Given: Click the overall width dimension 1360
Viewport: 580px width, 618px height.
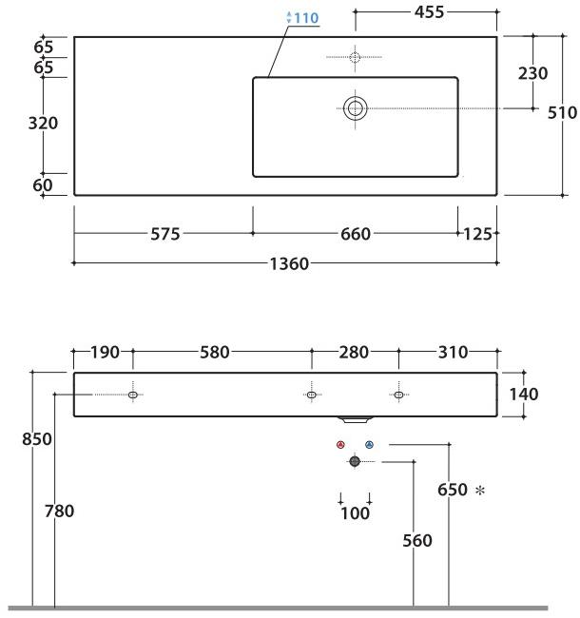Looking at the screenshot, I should [286, 263].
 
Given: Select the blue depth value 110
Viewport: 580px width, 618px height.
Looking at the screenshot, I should [304, 18].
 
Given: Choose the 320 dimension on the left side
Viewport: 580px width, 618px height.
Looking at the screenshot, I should [44, 123].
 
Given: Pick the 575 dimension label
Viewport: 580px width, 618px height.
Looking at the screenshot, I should [164, 234].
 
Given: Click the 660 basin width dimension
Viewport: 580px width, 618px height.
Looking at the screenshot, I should [355, 234].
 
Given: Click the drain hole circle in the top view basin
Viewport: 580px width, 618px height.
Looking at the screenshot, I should [356, 107].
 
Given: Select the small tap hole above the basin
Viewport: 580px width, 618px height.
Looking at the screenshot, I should [355, 58].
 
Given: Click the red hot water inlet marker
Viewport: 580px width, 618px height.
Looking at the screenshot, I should [340, 444].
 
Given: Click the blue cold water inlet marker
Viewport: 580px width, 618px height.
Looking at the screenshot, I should [369, 444].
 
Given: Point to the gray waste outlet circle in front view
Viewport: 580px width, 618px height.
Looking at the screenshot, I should [355, 461].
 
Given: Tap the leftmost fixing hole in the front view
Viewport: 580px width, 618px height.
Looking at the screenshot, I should [132, 394].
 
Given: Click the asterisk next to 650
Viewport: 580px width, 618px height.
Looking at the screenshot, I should [479, 491].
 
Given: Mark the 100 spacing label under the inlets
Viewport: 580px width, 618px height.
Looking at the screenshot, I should [355, 514].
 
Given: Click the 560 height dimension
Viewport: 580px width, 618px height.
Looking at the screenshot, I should [416, 540].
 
